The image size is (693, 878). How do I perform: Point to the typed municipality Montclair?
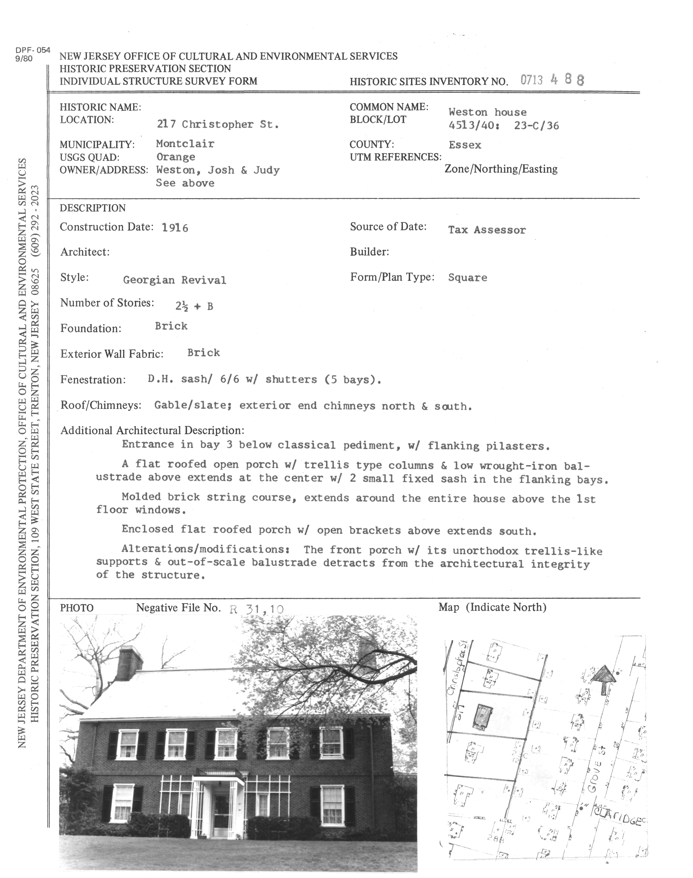pyautogui.click(x=185, y=144)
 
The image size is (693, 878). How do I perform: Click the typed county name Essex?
pyautogui.click(x=465, y=145)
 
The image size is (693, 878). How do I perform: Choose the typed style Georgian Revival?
pyautogui.click(x=174, y=280)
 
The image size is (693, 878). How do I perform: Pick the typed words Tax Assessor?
pyautogui.click(x=487, y=230)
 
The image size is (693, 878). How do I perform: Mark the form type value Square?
pyautogui.click(x=467, y=278)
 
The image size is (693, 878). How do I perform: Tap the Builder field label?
pyautogui.click(x=369, y=252)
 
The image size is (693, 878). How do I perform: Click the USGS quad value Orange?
pyautogui.click(x=176, y=157)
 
